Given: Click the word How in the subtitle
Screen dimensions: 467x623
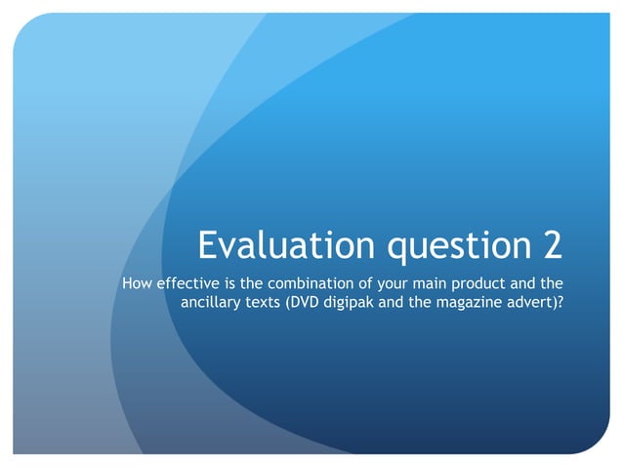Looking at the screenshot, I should [135, 284].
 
